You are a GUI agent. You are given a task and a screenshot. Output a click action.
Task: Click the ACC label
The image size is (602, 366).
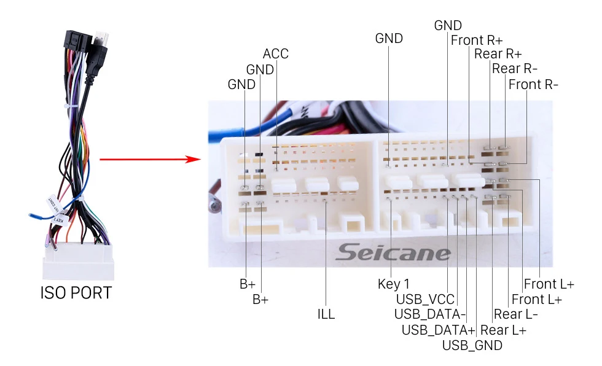pyautogui.click(x=275, y=54)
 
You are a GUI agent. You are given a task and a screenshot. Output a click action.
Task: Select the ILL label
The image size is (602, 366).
pyautogui.click(x=326, y=314)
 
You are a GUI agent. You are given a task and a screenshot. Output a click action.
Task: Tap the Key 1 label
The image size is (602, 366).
pyautogui.click(x=393, y=284)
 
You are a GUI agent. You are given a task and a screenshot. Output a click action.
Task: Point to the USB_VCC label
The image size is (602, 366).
pyautogui.click(x=425, y=299)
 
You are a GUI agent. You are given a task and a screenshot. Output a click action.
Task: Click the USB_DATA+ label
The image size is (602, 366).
pyautogui.click(x=438, y=330)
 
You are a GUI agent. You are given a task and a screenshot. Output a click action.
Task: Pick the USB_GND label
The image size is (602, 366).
pyautogui.click(x=472, y=345)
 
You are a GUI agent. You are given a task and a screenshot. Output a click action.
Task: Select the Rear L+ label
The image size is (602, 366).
pyautogui.click(x=503, y=330)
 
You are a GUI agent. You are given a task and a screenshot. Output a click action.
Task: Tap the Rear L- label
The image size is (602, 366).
pyautogui.click(x=516, y=314)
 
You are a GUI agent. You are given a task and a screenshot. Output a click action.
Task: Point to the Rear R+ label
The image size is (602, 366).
pyautogui.click(x=498, y=54)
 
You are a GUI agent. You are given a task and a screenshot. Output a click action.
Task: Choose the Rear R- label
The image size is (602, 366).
pyautogui.click(x=514, y=69)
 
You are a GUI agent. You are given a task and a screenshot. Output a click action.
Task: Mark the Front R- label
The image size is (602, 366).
pyautogui.click(x=533, y=84)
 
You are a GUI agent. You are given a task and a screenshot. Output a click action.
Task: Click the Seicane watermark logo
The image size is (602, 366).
pyautogui.click(x=393, y=252)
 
